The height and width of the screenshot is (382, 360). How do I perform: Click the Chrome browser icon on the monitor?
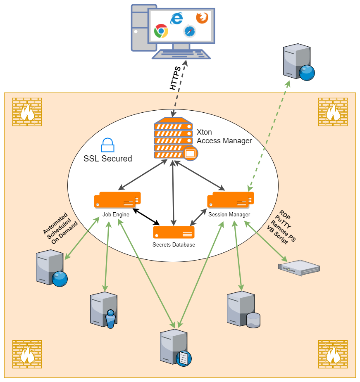[x=161, y=31]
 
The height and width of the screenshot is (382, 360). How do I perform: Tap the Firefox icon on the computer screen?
[x=202, y=18]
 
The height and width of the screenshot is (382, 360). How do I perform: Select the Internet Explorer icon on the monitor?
[x=176, y=18]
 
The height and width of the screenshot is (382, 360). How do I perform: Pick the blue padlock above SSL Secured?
[x=107, y=145]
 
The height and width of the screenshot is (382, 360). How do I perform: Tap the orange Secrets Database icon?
[x=174, y=232]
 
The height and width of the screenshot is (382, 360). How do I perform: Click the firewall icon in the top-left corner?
[x=27, y=112]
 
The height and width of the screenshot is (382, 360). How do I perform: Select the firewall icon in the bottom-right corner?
[x=333, y=354]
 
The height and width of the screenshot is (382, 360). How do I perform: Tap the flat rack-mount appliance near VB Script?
[x=299, y=267]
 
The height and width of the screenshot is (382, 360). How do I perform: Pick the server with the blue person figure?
[x=104, y=310]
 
